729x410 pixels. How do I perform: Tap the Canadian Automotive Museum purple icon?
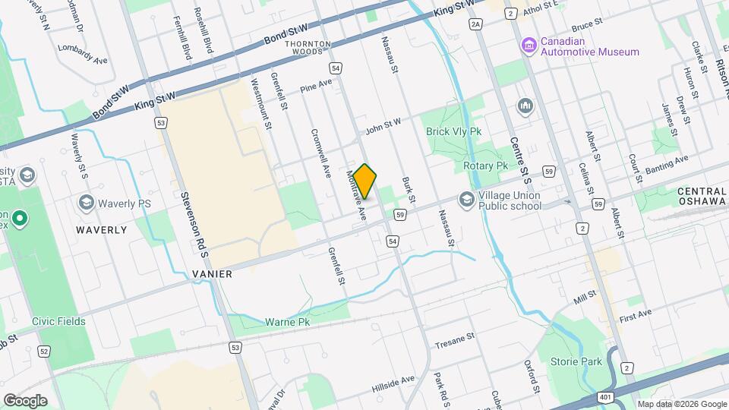point(529,46)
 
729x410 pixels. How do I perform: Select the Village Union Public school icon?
point(466,200)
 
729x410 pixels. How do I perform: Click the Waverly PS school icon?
point(86,203)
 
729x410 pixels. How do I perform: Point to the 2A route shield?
point(476,24)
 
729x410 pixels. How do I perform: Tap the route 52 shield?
point(45,351)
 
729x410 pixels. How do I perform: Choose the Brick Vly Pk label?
point(454,131)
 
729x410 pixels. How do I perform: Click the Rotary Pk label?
point(485,166)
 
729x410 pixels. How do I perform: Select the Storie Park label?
point(581,362)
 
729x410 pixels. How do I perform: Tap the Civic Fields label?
point(58,321)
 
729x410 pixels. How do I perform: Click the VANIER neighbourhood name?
point(212,273)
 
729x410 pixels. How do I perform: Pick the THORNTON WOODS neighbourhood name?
point(308,49)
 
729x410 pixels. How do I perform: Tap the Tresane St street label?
point(454,340)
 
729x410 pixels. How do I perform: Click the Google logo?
point(25,400)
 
